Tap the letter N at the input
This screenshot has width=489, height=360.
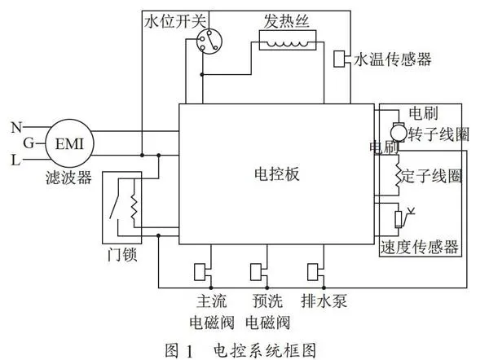point(16,127)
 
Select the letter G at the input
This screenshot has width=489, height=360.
point(29,143)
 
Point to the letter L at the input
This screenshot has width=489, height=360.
point(15,160)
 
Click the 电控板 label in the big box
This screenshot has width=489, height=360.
point(277,174)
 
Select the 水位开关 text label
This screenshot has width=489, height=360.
point(175,21)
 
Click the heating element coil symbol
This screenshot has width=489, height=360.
point(288,40)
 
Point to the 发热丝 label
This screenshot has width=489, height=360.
point(286,21)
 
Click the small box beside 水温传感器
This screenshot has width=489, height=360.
point(339,59)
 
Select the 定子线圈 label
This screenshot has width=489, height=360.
point(431,176)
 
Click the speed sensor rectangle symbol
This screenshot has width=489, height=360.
point(399,219)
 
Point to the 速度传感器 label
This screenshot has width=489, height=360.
point(420,247)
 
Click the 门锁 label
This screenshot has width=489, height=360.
point(122,254)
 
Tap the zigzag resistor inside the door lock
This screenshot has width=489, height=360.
point(134,207)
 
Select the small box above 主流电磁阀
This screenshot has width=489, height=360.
point(200,272)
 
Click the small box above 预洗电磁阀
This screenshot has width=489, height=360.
point(256,272)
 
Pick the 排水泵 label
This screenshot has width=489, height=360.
point(324,301)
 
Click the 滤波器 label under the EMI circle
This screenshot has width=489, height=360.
point(68,178)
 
